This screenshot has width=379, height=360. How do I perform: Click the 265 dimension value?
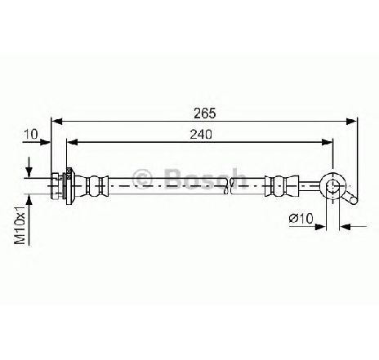pos(204,113)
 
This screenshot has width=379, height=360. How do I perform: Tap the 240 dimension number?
pos(201,135)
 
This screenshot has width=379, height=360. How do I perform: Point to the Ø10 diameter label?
pos(301,218)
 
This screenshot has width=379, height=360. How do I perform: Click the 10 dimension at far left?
pos(31,134)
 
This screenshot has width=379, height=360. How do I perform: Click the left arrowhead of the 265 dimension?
pos(57,122)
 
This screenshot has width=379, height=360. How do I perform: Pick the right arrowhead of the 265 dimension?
pos(351,122)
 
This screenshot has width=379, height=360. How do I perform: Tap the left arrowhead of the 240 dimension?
pos(73,142)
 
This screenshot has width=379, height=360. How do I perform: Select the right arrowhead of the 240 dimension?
pos(328,142)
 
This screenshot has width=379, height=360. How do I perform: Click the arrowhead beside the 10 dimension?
pos(45,142)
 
